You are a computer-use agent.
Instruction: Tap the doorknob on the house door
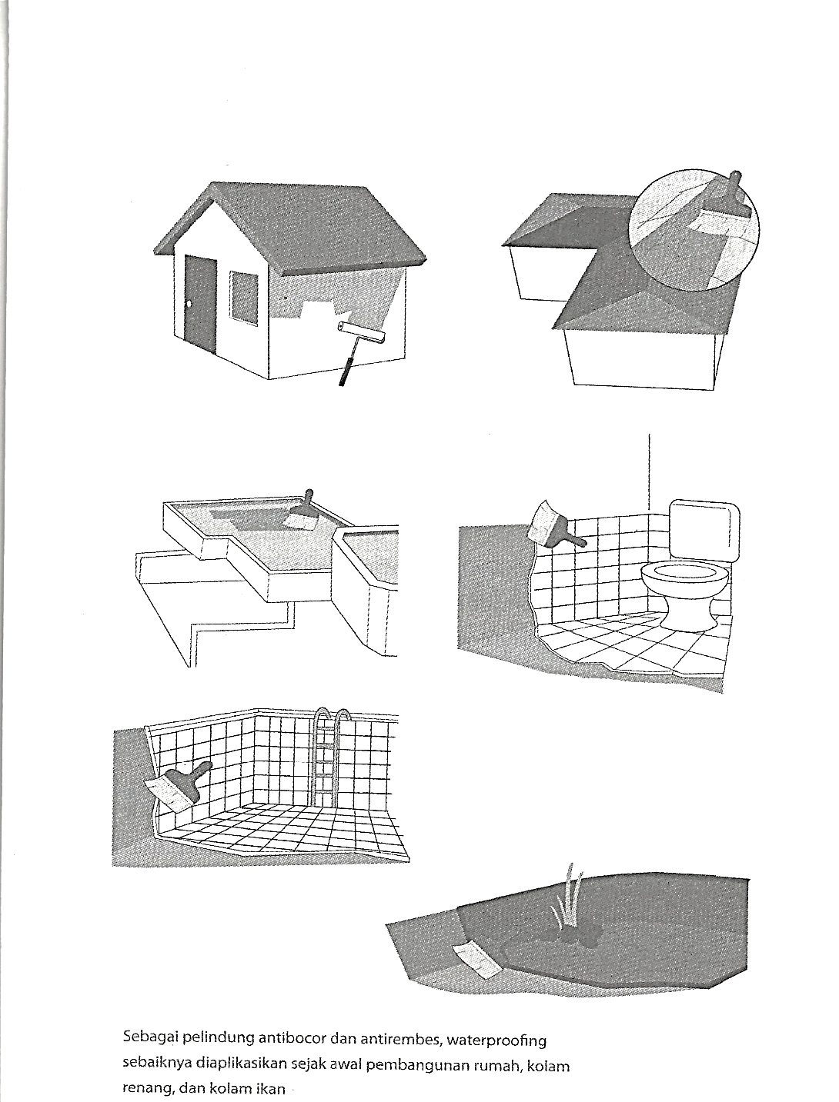[x=189, y=304]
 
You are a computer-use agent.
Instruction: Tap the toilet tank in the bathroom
[x=705, y=530]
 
